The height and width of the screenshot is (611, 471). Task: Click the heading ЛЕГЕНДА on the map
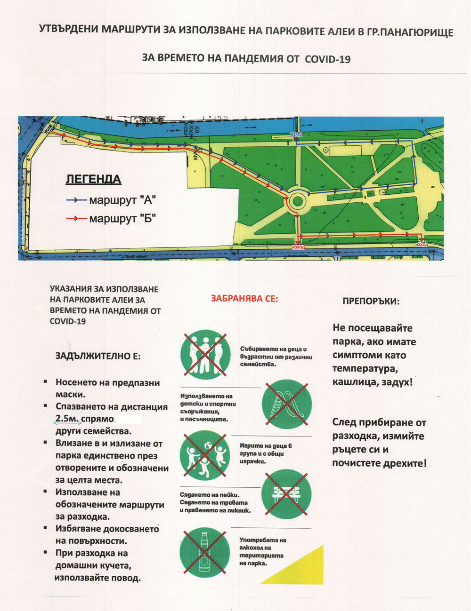(x=93, y=179)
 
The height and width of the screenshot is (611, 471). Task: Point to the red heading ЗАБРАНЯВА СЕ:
(x=244, y=298)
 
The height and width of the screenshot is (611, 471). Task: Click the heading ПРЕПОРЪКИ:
(x=371, y=301)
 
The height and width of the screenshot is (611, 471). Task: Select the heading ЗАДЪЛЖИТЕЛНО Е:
(x=98, y=356)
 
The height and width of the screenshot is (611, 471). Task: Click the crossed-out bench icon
(x=286, y=493)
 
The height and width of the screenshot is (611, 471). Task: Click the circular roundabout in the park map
(x=297, y=202)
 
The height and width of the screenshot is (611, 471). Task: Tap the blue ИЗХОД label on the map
(x=297, y=135)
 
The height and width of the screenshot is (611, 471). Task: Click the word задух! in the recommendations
(x=396, y=382)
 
